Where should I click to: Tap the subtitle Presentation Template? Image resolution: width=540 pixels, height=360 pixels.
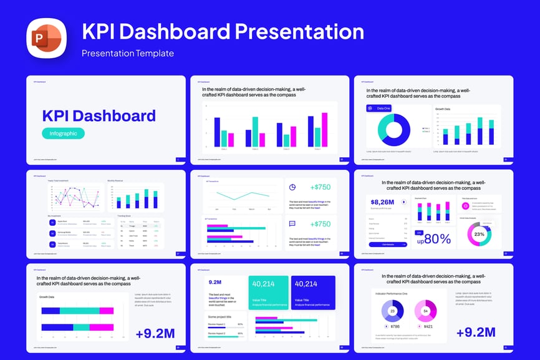128,53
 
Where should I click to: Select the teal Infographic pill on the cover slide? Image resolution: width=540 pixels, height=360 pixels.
63,133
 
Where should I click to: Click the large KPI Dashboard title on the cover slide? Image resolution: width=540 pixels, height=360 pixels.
99,115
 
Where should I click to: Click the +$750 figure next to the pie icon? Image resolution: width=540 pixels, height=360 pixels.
321,187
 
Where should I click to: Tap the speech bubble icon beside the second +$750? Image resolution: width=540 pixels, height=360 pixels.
292,224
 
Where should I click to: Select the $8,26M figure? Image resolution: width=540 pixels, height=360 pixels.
382,202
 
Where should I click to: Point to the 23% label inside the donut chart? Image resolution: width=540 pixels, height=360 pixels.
479,235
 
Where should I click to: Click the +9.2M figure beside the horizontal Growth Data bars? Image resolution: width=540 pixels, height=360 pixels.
155,333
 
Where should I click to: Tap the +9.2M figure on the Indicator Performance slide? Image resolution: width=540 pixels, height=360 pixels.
476,333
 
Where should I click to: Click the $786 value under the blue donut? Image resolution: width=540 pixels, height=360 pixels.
395,326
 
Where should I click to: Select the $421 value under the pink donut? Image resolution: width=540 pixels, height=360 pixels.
428,326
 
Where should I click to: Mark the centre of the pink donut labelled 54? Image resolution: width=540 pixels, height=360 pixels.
426,311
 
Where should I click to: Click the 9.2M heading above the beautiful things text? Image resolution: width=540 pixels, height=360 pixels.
215,282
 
